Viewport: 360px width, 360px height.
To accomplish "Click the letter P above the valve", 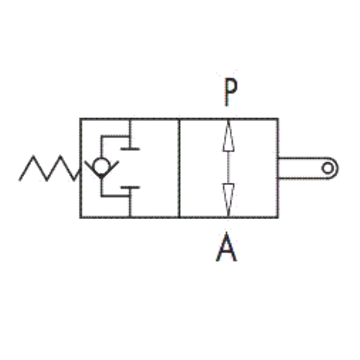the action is pos(231,91).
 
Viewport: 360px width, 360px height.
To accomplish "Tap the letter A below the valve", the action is pos(226,247).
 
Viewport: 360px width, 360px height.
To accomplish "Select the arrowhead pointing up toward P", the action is pos(228,136).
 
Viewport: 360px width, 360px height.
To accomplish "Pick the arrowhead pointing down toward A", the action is pos(228,199).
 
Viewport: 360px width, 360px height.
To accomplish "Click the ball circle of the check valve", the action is pos(102,166).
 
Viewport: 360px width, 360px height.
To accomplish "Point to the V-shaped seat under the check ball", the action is pos(102,170).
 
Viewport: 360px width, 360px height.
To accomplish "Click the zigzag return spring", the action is pos(49,168).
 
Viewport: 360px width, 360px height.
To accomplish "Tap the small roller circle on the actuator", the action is pos(328,168).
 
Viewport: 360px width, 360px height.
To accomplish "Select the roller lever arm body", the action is pos(308,168).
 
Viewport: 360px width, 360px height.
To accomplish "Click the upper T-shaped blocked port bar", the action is pos(130,149).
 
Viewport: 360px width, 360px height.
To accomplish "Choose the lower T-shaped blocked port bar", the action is pos(130,187).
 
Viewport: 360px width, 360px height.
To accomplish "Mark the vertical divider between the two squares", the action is pos(179,168).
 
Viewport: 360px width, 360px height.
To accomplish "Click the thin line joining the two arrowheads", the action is pos(228,168).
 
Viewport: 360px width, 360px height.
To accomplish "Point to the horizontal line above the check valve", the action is pos(115,137).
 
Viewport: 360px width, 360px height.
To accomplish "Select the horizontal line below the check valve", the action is pos(115,196).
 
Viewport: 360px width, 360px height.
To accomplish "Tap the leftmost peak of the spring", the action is pos(33,156).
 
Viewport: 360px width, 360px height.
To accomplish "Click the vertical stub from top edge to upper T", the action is pos(130,134).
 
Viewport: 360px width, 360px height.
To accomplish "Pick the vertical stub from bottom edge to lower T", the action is pos(130,203).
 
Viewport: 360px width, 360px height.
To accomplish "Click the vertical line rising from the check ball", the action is pos(102,147).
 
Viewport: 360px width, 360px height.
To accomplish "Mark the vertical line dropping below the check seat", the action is pos(102,187).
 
